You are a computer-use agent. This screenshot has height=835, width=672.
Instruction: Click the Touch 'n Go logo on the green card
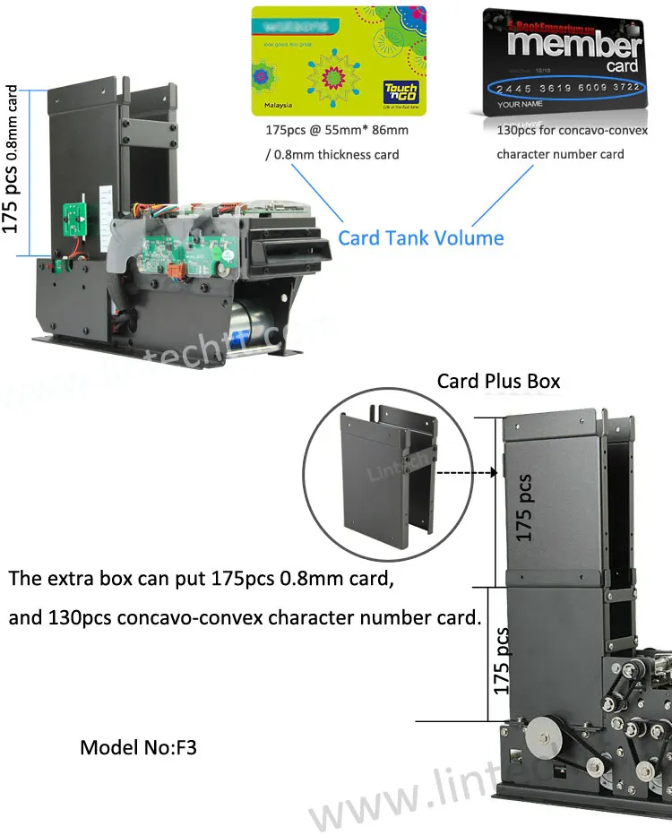[401, 95]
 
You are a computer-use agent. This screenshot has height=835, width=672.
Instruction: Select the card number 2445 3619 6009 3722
[569, 87]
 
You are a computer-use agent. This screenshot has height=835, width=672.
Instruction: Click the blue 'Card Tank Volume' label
[420, 237]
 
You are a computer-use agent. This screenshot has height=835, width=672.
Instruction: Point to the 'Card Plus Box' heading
[498, 381]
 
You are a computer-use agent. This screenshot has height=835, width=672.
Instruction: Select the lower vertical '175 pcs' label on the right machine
[501, 661]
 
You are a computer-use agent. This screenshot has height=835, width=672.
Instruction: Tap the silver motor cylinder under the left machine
[250, 331]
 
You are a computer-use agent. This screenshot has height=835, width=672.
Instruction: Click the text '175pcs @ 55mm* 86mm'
[336, 130]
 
